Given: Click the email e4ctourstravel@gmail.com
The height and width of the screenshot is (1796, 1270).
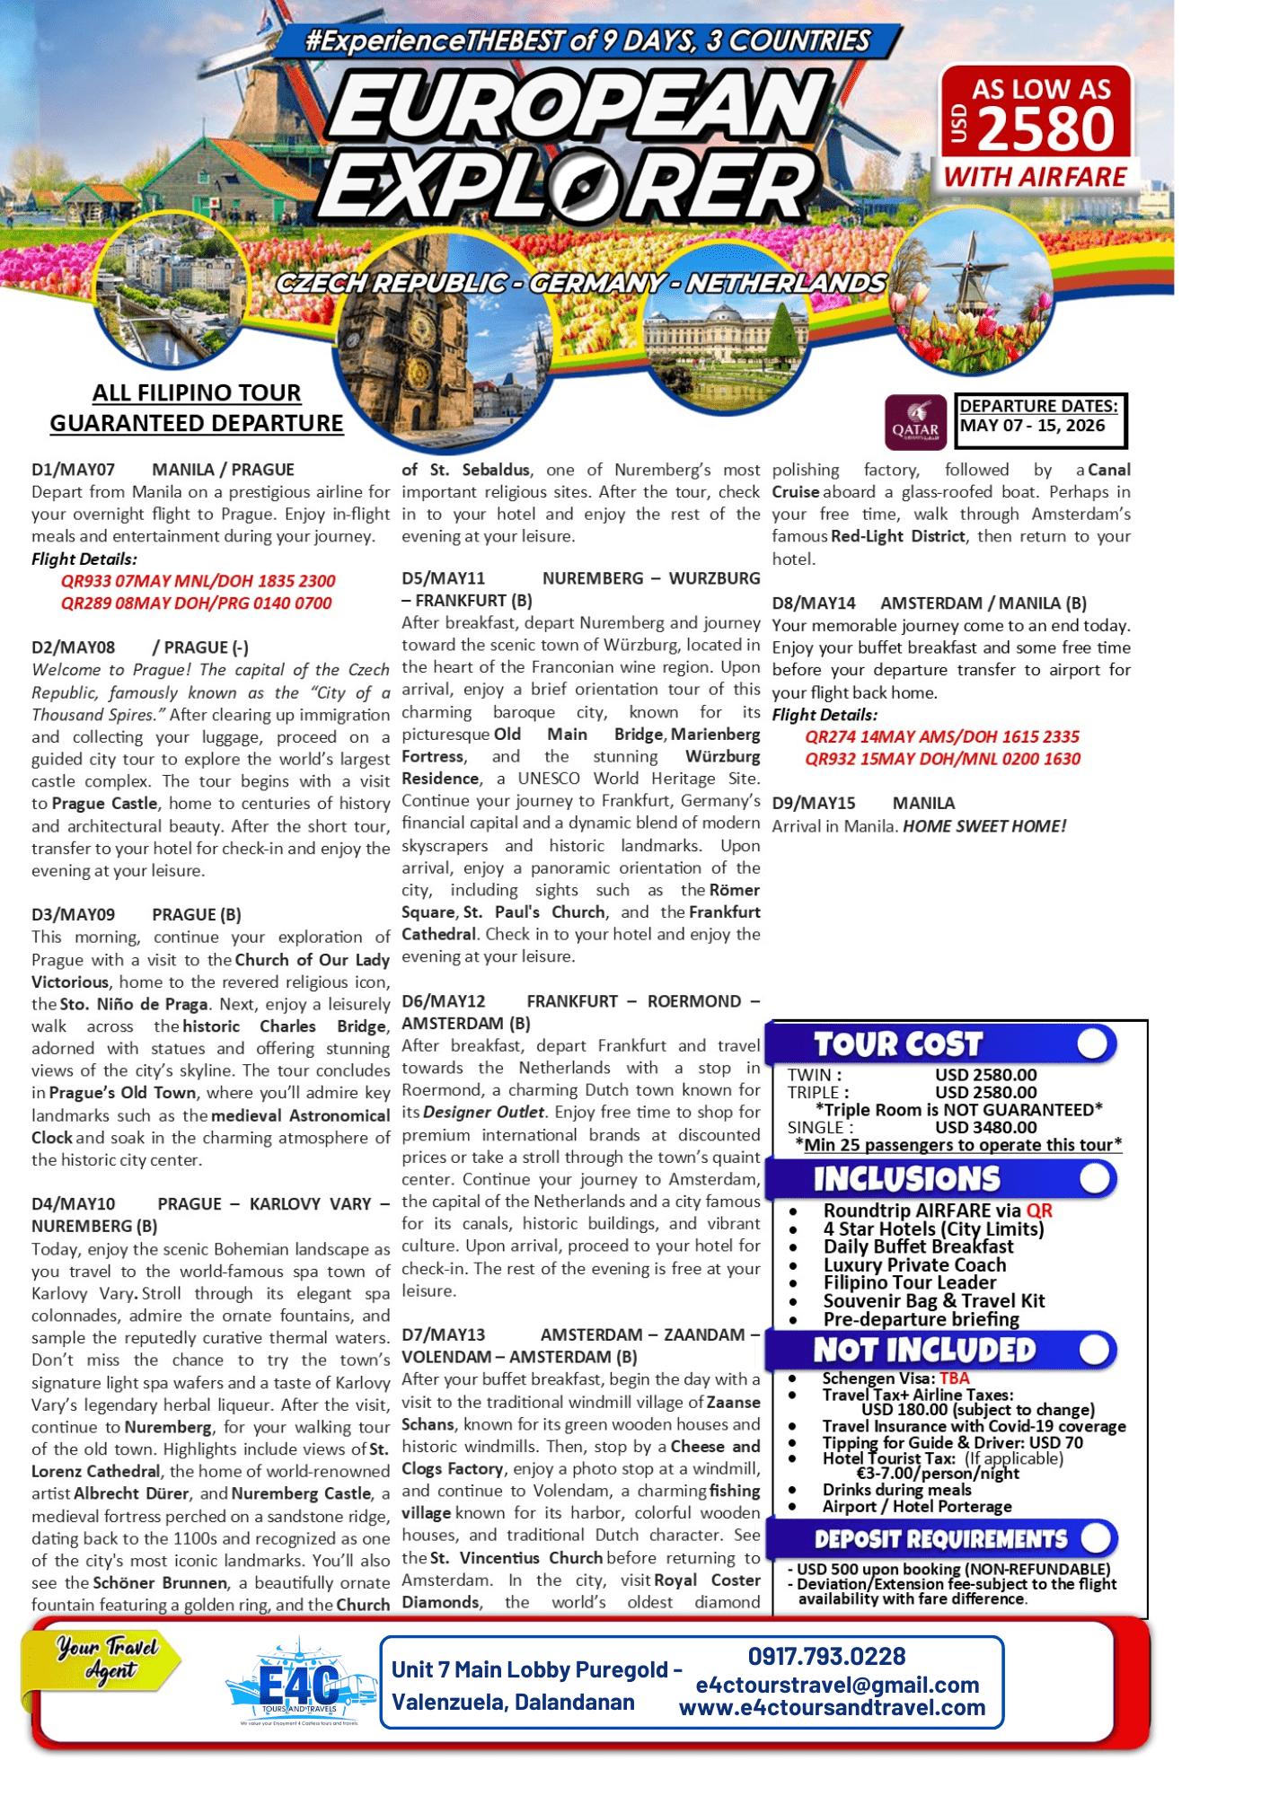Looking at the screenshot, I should point(836,1685).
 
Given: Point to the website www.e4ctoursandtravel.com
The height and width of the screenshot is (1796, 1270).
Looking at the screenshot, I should point(832,1708).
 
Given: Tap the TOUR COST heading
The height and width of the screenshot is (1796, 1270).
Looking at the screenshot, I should point(897,1044).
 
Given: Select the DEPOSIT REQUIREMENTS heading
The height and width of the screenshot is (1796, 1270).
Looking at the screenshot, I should point(939,1539).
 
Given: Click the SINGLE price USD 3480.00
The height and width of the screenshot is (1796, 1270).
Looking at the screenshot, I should point(985,1127).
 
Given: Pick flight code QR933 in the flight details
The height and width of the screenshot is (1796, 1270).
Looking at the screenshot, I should point(86,581).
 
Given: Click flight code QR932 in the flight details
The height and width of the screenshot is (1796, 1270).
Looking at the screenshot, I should point(830,759).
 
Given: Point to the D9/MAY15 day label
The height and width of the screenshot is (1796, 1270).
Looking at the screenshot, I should point(813,803).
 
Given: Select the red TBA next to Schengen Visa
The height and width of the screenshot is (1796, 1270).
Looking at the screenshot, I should point(954,1378).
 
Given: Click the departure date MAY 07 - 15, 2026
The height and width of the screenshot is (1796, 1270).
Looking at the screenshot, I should point(1032,426).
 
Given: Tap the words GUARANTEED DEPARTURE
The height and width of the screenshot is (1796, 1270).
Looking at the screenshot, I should point(196,423).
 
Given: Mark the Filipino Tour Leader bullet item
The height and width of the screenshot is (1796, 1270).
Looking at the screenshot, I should point(909,1282).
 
